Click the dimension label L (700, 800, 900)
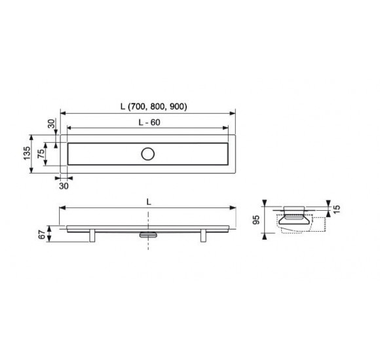point(154,107)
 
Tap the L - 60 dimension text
point(149,122)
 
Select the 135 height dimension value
point(27,153)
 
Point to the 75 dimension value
point(41,154)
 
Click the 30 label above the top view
point(51,124)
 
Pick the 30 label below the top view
point(64,186)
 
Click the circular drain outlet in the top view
point(148,154)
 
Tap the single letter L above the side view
point(149,202)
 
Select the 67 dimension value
point(42,234)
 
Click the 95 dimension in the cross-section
point(256,220)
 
